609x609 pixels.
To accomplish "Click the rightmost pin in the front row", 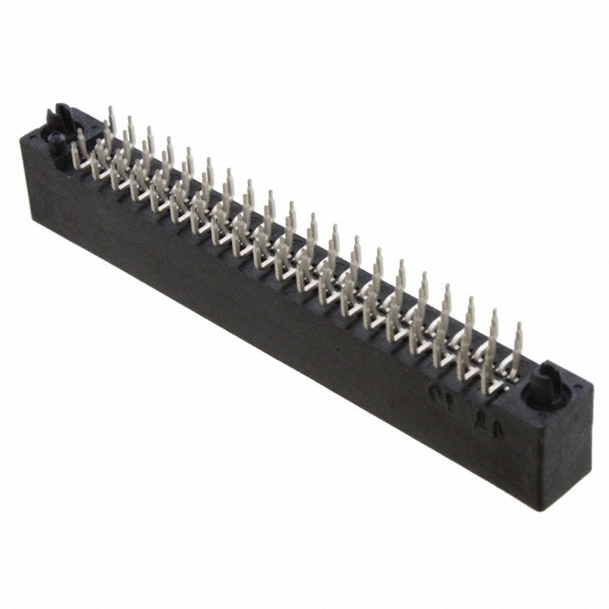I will click(487, 373).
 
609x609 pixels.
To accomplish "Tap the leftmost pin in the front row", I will click(76, 155).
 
